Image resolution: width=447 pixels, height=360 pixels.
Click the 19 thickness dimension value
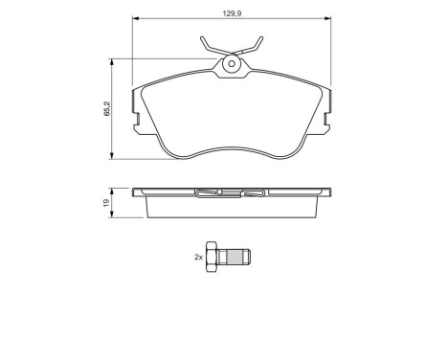(105, 202)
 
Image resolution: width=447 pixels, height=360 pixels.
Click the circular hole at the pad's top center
(232, 65)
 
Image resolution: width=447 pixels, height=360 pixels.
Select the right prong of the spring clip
(256, 45)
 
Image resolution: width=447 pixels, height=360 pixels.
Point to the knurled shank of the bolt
(241, 256)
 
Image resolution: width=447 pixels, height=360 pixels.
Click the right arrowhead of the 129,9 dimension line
(329, 17)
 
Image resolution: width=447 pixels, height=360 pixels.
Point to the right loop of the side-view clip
(255, 194)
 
